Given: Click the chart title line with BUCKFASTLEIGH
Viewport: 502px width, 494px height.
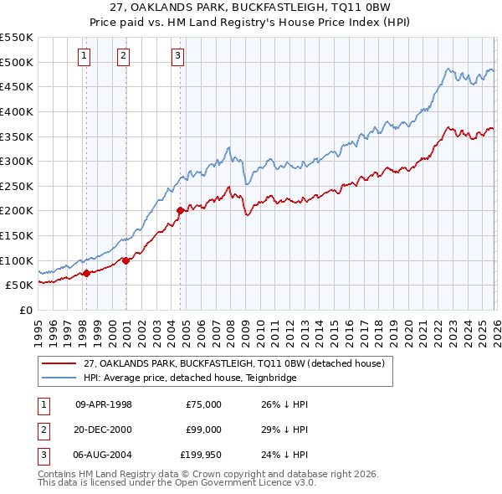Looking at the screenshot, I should pyautogui.click(x=251, y=8).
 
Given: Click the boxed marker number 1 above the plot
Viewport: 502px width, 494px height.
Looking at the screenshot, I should pyautogui.click(x=85, y=56).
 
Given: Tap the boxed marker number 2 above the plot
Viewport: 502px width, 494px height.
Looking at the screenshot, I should pyautogui.click(x=123, y=56).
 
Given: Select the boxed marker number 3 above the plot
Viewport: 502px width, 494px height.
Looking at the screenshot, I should pyautogui.click(x=178, y=56).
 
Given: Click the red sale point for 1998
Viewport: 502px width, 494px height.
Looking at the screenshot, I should pyautogui.click(x=86, y=273).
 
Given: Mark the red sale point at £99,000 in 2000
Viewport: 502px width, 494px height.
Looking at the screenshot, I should pyautogui.click(x=125, y=260).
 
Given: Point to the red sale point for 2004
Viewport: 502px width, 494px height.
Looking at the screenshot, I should pyautogui.click(x=180, y=210).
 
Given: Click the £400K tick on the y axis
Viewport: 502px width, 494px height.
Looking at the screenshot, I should pyautogui.click(x=17, y=111).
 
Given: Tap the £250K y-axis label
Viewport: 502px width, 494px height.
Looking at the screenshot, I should pyautogui.click(x=17, y=186).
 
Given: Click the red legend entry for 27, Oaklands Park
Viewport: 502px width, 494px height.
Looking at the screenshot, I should pyautogui.click(x=233, y=363).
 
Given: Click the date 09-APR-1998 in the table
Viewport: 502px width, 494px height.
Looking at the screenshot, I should pyautogui.click(x=104, y=404).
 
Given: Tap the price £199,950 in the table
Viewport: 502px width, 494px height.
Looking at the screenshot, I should pyautogui.click(x=201, y=455).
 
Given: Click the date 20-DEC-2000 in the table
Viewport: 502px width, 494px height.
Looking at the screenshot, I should pyautogui.click(x=104, y=430).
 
